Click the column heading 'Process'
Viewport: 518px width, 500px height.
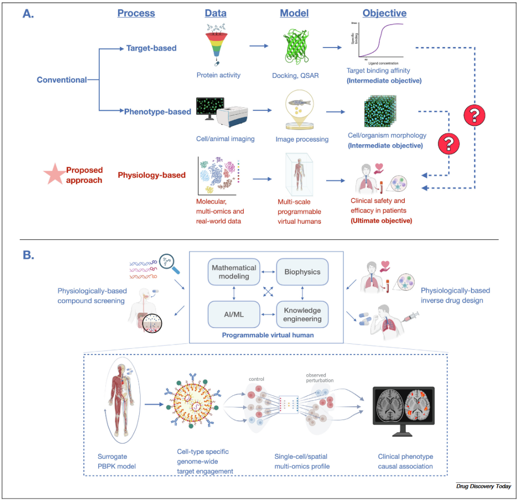(136, 13)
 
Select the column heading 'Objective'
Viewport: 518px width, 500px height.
(384, 13)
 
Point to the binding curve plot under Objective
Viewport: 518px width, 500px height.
(381, 42)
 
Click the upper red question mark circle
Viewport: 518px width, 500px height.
(474, 115)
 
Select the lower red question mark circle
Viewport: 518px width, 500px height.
(449, 143)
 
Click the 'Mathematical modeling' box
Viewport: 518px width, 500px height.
(234, 272)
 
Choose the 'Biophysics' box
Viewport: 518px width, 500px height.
(302, 272)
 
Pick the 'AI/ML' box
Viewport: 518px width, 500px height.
(234, 314)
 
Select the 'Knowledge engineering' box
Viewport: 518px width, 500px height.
(302, 314)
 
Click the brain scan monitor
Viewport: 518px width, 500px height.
(403, 411)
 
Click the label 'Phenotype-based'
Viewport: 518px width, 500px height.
(157, 112)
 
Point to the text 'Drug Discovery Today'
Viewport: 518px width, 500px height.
(483, 487)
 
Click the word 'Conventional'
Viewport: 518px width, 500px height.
(62, 80)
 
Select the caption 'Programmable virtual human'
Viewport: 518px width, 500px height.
(268, 335)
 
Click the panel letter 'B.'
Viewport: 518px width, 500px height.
(29, 254)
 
